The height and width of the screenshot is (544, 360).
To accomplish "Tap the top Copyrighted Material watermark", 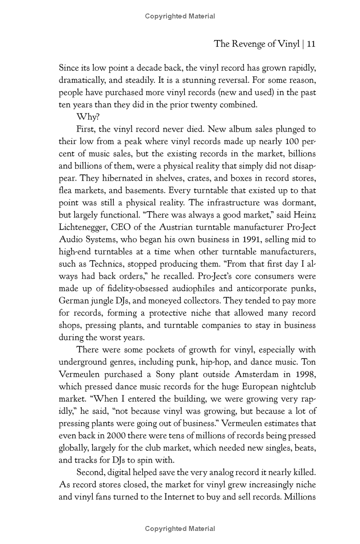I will click(x=180, y=17).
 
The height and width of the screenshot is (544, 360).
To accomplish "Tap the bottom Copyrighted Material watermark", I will click(x=180, y=529).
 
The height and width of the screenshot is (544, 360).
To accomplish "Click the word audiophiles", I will click(x=194, y=289).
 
